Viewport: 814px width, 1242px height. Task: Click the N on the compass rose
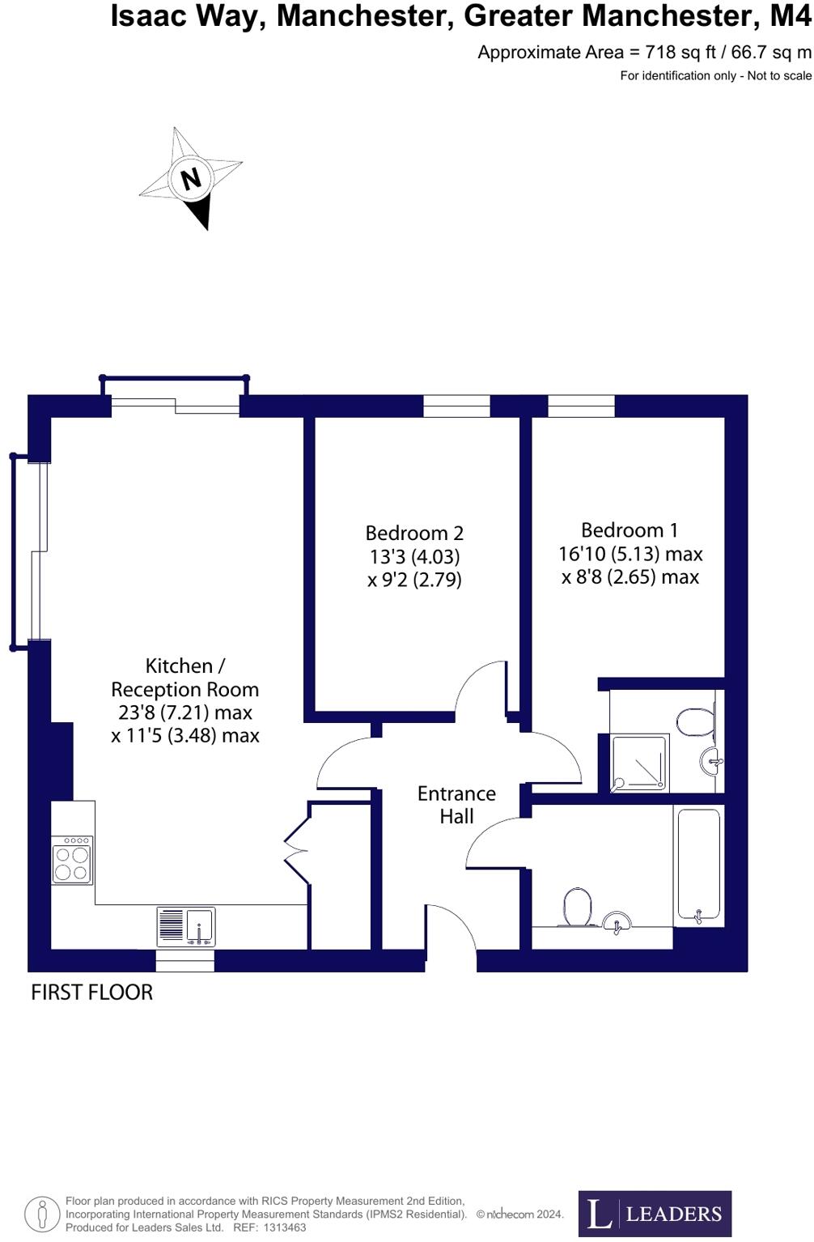(191, 178)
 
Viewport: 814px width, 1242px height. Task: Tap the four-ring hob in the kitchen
(72, 860)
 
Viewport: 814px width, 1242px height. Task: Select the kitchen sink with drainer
(186, 926)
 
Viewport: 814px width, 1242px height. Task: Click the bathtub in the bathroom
(698, 864)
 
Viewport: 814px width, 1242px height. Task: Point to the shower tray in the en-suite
(640, 762)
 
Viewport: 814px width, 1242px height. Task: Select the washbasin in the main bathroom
(617, 922)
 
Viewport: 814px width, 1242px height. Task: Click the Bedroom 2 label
(414, 534)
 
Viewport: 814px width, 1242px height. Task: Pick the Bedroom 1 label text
(630, 530)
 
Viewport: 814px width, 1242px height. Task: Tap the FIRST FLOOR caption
(91, 993)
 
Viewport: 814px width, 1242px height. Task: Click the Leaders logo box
(655, 1214)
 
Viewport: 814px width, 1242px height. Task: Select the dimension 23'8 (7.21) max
(185, 712)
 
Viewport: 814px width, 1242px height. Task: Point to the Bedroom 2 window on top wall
(456, 406)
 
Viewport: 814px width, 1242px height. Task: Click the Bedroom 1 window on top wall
(581, 406)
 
